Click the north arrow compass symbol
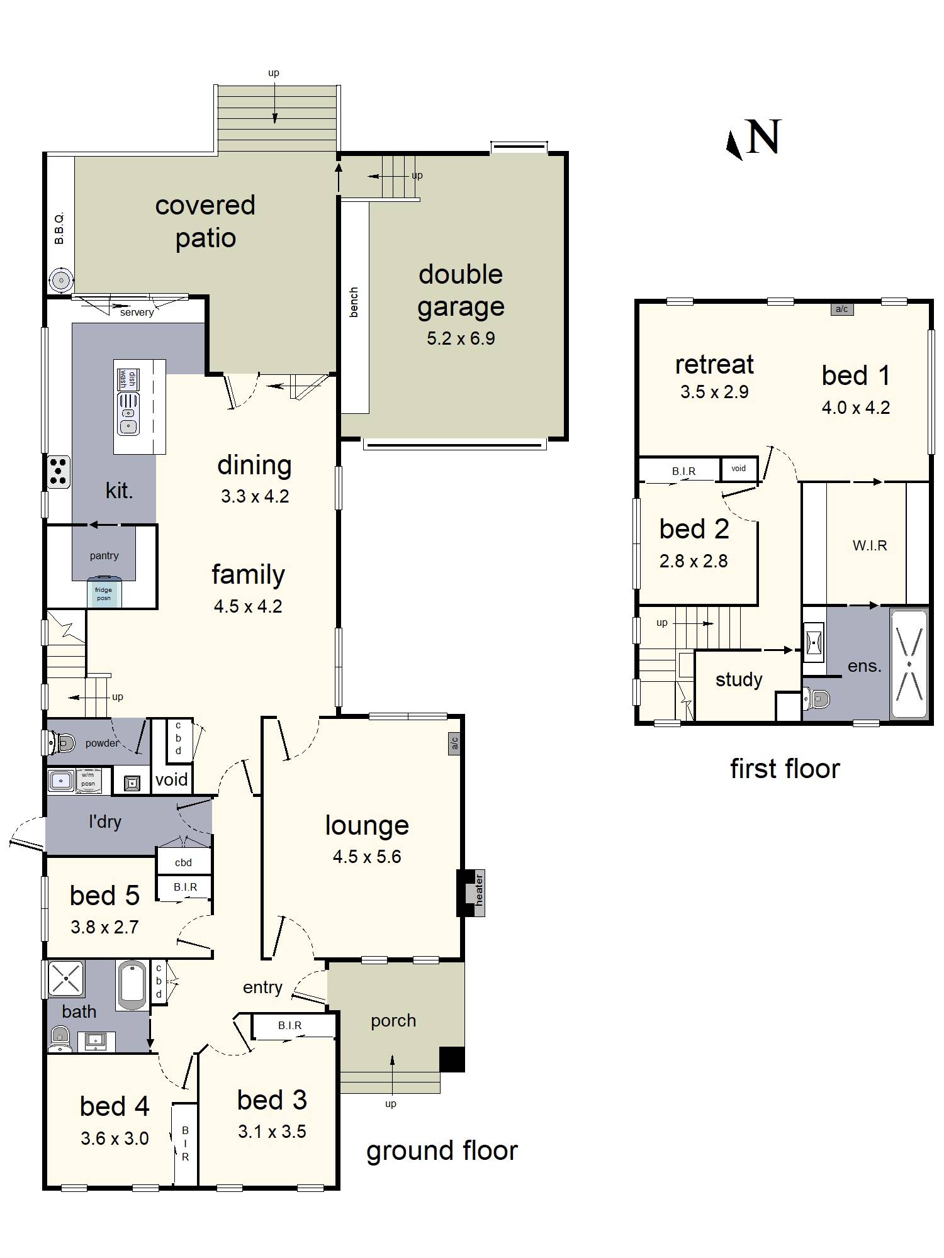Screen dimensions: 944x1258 tap(753, 138)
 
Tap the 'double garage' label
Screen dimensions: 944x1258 tap(461, 291)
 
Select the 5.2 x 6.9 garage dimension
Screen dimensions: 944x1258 tap(461, 338)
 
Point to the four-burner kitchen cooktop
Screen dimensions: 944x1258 tap(59, 472)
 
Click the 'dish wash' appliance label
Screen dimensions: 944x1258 tap(128, 379)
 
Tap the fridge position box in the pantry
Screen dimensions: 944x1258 tap(104, 592)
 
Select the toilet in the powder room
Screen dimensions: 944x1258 tap(60, 743)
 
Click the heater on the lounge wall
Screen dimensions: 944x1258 tap(471, 893)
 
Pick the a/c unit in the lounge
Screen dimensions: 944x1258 tap(454, 743)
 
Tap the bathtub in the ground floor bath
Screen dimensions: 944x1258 tap(133, 984)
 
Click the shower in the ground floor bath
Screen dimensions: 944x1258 tap(65, 979)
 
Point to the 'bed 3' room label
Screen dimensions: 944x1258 tap(272, 1100)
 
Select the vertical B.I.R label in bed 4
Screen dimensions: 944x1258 tap(185, 1144)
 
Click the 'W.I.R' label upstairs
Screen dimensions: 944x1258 tap(870, 545)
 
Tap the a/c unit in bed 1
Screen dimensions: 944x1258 tap(842, 309)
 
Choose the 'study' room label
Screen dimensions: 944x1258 tap(739, 680)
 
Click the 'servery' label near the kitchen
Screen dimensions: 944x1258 tap(137, 312)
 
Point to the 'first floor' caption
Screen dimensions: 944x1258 tap(785, 769)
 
